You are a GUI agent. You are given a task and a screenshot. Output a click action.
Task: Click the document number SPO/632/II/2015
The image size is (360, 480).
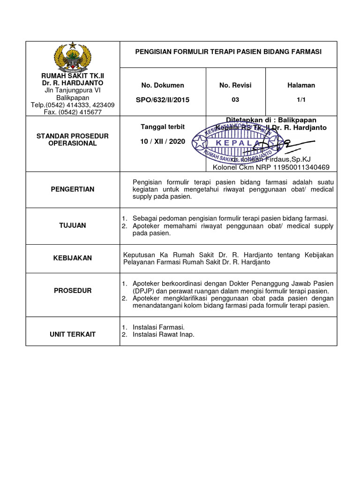163,100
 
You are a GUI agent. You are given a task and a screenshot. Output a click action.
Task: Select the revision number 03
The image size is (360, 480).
235,99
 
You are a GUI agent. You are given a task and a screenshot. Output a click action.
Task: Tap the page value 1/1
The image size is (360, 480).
301,99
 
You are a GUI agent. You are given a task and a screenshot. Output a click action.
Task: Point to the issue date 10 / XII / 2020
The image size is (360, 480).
163,141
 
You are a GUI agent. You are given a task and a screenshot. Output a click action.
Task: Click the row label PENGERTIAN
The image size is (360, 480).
73,189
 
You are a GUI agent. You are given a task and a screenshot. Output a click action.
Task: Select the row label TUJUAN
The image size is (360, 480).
73,225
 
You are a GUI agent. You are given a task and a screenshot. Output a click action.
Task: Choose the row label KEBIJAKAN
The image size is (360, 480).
73,258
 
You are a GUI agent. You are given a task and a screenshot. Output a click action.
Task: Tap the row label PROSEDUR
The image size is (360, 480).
73,291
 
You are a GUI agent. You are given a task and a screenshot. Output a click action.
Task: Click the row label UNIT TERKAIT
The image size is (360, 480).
73,334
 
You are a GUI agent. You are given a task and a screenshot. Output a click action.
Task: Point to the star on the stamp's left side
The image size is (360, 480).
201,141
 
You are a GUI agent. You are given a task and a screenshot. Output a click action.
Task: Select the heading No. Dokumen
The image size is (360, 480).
163,85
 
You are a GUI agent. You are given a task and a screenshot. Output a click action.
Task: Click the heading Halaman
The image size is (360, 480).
301,85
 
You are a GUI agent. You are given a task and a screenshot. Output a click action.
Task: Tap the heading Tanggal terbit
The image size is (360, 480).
163,127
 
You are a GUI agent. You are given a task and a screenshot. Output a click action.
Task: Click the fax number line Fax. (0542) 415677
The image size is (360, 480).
73,112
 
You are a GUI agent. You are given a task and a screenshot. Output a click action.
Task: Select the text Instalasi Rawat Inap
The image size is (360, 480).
163,334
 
